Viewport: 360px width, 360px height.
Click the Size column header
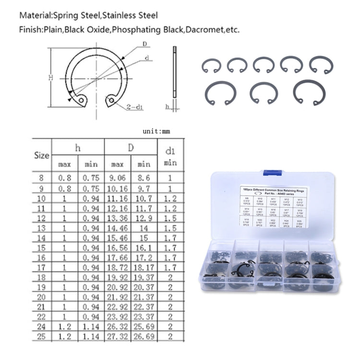tap(42, 156)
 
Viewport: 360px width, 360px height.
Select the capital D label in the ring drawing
tap(144, 45)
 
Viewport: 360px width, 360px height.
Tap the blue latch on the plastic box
tap(272, 172)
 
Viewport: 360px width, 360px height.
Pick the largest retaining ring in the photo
tap(309, 92)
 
